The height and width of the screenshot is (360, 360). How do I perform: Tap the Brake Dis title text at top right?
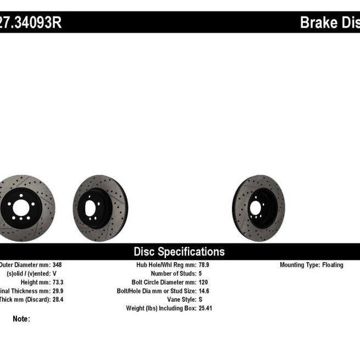click(x=329, y=23)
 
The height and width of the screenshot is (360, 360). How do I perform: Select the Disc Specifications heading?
click(x=179, y=252)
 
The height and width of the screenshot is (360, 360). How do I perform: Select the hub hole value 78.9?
click(x=204, y=265)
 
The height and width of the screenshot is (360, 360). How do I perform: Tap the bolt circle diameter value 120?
click(x=203, y=282)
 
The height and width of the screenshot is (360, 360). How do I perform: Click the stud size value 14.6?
click(x=204, y=291)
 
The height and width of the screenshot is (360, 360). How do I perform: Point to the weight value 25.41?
click(x=205, y=308)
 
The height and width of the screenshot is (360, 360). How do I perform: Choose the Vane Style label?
click(x=180, y=300)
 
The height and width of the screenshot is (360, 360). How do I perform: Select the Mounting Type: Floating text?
click(x=312, y=265)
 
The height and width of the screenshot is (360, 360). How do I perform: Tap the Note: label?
click(x=21, y=319)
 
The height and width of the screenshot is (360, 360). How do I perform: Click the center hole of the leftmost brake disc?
click(x=21, y=208)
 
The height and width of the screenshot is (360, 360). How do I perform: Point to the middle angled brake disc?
click(x=100, y=201)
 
